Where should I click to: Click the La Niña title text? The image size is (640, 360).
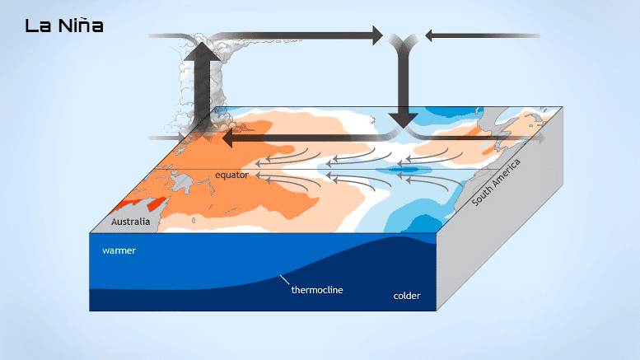[64, 26]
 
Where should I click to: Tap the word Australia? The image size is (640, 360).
[131, 222]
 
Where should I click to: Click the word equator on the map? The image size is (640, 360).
[231, 175]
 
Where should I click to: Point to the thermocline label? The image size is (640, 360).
[317, 290]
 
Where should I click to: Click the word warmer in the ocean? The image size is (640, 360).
[119, 250]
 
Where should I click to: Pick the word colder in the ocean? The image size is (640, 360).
[407, 294]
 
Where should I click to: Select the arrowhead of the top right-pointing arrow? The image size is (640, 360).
[376, 35]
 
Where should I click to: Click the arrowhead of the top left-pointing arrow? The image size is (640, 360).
[430, 35]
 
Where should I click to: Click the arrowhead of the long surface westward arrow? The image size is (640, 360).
[229, 140]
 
